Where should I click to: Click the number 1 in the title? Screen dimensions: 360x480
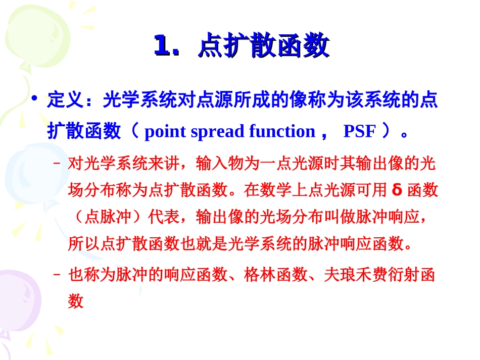pyautogui.click(x=163, y=46)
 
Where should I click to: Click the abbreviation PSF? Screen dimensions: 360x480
pyautogui.click(x=359, y=131)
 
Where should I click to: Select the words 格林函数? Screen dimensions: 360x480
pyautogui.click(x=275, y=275)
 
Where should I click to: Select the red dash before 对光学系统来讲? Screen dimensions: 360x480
pyautogui.click(x=57, y=163)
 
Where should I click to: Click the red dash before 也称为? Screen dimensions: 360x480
pyautogui.click(x=57, y=275)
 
